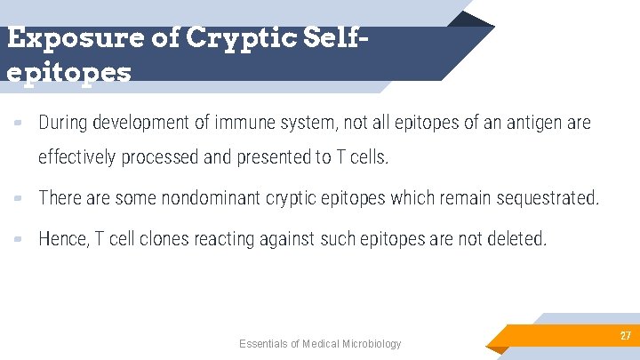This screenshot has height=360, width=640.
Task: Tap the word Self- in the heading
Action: click(x=334, y=39)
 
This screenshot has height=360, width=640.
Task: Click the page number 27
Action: click(x=625, y=336)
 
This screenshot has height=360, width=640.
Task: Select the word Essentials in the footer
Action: click(x=262, y=344)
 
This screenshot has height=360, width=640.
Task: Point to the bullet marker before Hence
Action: click(x=19, y=240)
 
